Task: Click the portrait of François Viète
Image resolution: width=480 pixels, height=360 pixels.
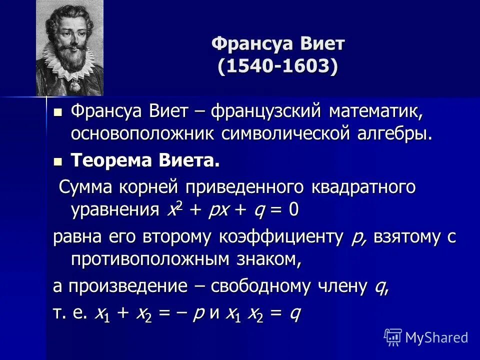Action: (x=69, y=47)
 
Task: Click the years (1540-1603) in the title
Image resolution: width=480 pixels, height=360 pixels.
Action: (x=278, y=66)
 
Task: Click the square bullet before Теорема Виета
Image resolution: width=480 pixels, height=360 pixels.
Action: (x=58, y=161)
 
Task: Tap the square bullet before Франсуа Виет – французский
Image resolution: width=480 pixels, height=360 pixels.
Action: (x=58, y=112)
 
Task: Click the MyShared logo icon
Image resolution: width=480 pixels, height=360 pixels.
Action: (x=392, y=337)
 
